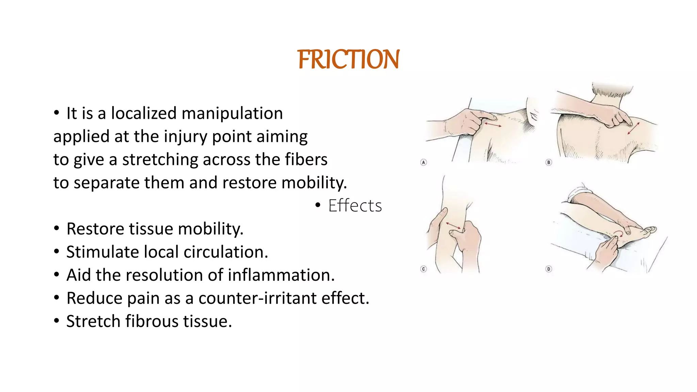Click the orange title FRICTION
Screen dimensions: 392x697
coord(348,60)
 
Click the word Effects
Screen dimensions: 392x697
coord(355,206)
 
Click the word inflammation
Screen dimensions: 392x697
coord(281,275)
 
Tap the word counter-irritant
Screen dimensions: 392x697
coord(258,298)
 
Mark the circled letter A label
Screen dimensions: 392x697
coord(423,162)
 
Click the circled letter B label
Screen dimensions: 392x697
coord(549,162)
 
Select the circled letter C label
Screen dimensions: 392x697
coord(423,269)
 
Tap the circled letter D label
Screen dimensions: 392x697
coord(549,269)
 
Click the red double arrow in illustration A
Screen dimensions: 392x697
coord(493,125)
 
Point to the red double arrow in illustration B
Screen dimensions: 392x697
coord(633,128)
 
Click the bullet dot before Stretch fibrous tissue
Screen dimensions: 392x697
coord(56,321)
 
